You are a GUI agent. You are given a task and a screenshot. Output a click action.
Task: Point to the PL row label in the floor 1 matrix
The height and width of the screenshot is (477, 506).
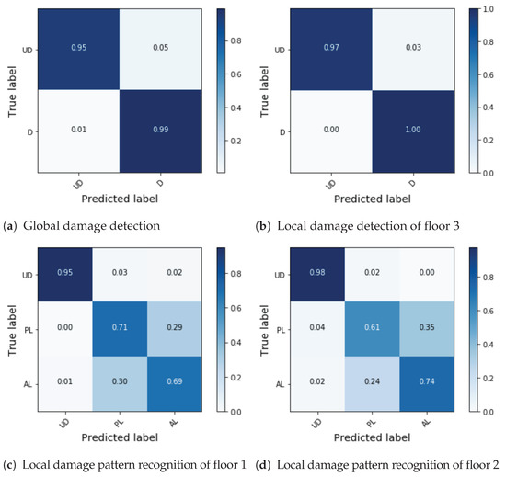pyautogui.click(x=31, y=326)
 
